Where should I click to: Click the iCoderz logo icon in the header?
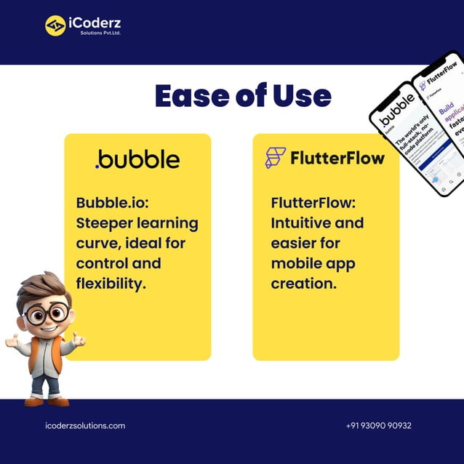coord(55,25)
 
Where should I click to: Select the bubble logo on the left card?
coord(137,159)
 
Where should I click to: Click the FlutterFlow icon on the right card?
coord(276,158)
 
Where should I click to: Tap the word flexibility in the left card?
coord(111,283)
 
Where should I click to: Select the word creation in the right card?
coord(303,283)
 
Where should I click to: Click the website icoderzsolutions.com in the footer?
coord(85,425)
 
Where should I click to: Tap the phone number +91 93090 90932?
coord(378,425)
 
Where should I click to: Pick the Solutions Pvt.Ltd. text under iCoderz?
coord(100,33)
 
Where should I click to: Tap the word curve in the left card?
coord(97,242)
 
